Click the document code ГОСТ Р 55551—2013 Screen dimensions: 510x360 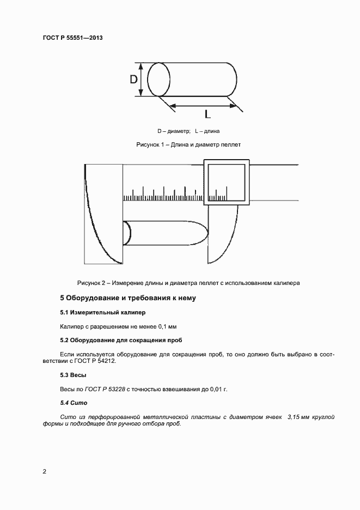coord(72,38)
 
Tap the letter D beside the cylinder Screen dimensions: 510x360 coord(133,80)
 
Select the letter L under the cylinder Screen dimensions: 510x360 coord(208,114)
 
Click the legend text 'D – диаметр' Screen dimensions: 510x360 coord(174,131)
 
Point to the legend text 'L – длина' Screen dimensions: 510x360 coord(206,131)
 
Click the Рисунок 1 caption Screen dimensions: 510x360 coord(188,145)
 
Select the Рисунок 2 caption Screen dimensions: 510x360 coord(188,283)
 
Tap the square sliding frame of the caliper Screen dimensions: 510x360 coord(227,182)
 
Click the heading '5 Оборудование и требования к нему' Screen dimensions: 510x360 coord(127,298)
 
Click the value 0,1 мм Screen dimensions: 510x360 coord(167,326)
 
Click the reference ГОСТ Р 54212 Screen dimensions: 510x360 coord(97,361)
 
